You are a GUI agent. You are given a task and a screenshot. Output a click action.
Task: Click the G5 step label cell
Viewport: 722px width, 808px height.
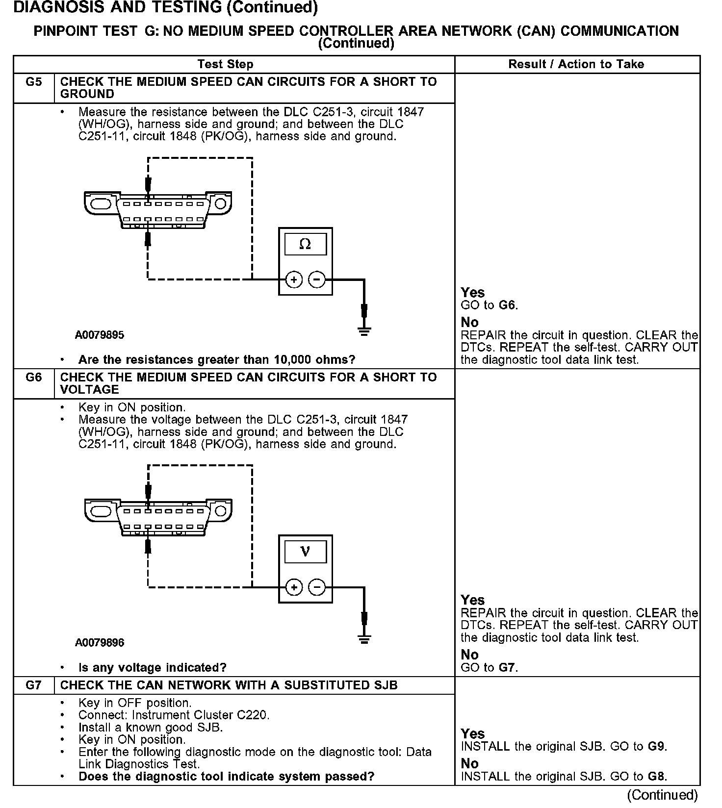(33, 82)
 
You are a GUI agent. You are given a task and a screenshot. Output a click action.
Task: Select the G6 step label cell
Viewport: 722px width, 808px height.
(33, 378)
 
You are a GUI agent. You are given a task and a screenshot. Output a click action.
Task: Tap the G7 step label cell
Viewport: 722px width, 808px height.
(33, 685)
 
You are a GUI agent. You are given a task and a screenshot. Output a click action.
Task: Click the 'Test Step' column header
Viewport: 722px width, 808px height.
(225, 64)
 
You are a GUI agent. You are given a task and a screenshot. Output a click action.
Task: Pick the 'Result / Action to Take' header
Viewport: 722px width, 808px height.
(576, 64)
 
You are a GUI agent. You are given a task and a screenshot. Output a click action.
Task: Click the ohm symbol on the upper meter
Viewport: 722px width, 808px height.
(305, 244)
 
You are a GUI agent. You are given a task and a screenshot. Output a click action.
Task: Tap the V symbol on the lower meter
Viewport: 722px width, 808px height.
(305, 552)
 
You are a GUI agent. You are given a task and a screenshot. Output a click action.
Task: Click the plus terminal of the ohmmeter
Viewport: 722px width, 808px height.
(294, 280)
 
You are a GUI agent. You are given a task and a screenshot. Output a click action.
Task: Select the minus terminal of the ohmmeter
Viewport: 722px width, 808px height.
(317, 280)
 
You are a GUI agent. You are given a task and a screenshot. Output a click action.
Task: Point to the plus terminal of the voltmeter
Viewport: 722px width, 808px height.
(294, 587)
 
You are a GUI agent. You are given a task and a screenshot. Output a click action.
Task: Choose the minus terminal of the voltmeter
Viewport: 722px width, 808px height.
(317, 587)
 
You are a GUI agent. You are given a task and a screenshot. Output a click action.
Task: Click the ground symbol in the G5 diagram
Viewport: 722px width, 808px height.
(364, 332)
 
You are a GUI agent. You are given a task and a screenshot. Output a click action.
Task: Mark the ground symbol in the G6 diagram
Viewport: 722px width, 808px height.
(364, 639)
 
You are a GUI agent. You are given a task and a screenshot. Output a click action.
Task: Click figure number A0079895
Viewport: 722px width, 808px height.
(100, 335)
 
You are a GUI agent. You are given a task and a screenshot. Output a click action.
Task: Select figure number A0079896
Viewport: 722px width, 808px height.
(100, 643)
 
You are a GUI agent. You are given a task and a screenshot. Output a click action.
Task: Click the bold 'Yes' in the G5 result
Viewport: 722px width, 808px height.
(473, 293)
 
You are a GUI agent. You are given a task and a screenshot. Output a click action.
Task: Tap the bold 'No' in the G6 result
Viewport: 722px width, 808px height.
(469, 655)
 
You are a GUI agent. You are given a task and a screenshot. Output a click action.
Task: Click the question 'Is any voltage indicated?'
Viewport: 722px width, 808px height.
(152, 668)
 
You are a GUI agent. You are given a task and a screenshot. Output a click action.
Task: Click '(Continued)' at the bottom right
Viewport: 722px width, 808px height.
(662, 795)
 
